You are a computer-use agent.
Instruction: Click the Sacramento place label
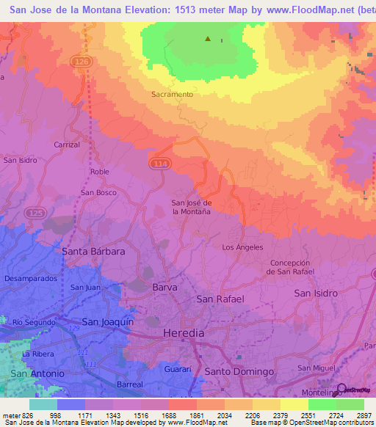172,95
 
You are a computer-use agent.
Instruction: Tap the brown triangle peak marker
208,39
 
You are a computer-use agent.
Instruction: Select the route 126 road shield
82,63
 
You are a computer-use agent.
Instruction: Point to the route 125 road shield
34,212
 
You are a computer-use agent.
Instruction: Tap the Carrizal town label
66,145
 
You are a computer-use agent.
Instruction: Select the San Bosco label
98,192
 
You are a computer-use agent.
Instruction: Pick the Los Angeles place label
242,247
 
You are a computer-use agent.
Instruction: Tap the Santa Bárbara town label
93,251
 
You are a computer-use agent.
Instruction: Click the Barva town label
164,288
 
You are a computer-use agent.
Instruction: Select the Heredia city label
183,333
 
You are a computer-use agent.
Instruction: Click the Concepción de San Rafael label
292,267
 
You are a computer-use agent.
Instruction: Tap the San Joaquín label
107,321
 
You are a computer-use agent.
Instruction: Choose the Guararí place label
178,369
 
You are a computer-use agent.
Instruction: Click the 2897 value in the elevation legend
363,415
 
